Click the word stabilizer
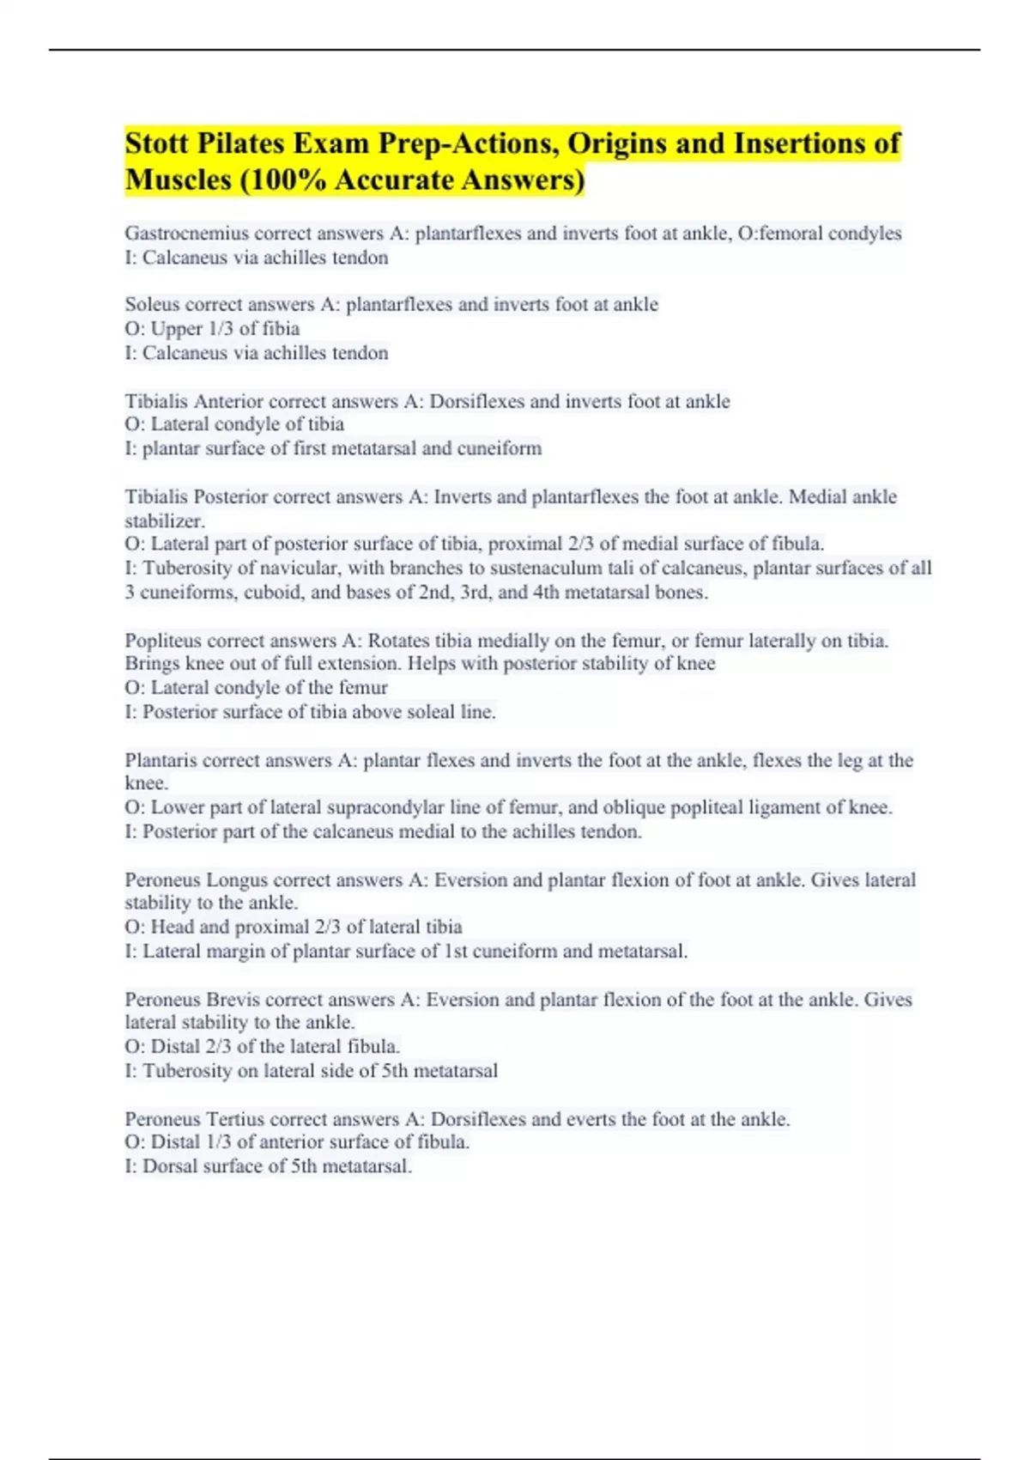164,521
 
